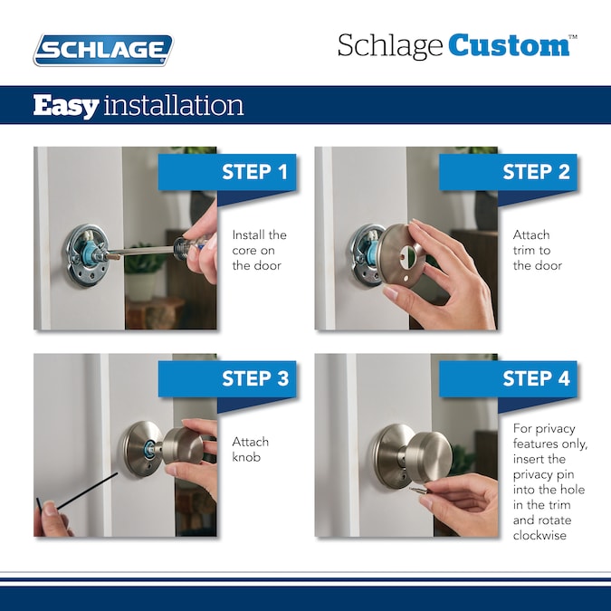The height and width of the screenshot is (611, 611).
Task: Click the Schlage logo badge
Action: click(102, 50)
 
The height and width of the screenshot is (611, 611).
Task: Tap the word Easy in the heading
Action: click(65, 106)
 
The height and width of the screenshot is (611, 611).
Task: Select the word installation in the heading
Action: click(173, 106)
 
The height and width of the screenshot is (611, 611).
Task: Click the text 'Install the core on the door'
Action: click(259, 250)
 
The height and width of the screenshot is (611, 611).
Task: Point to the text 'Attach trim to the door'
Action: click(538, 250)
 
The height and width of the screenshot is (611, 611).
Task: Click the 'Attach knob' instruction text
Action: click(250, 450)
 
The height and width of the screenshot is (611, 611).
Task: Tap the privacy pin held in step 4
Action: click(420, 490)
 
